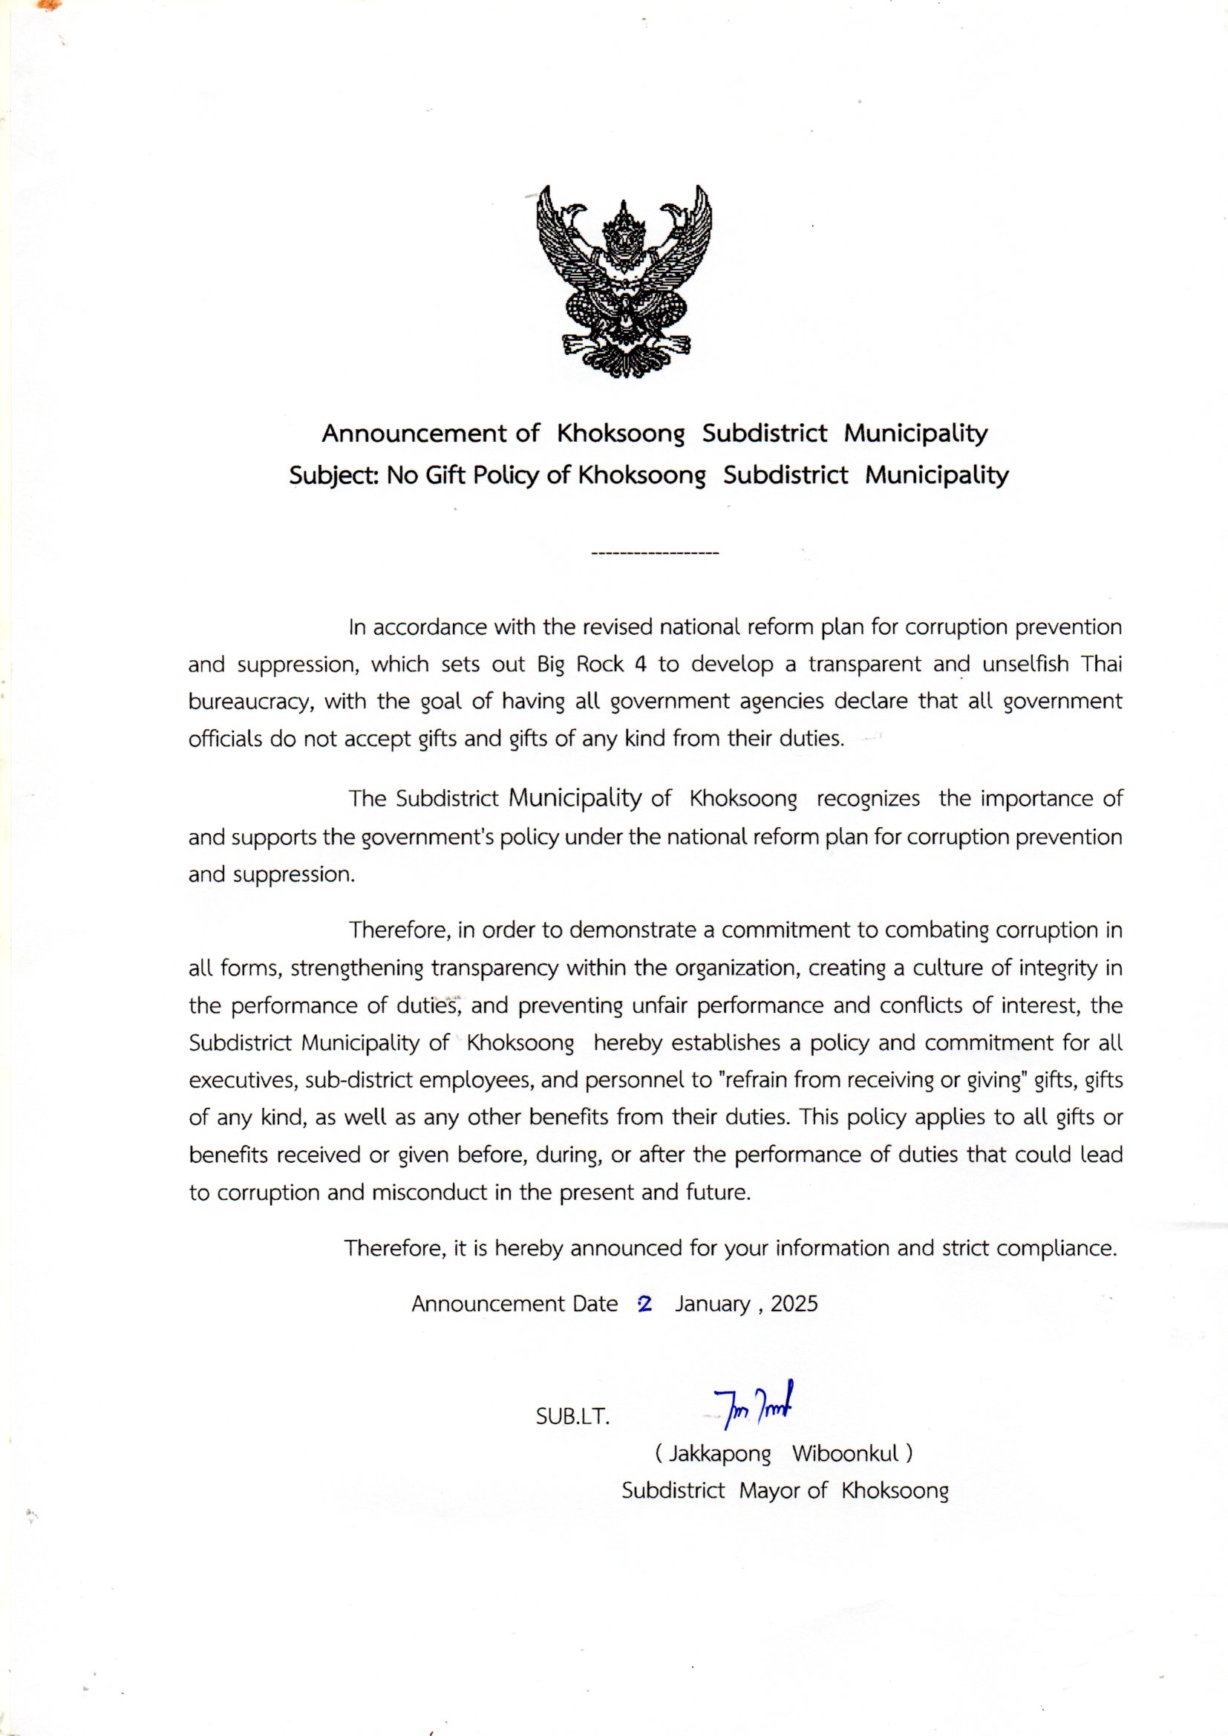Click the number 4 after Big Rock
tap(641, 665)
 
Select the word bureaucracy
tap(250, 702)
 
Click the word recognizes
tap(868, 799)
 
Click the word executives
tap(243, 1080)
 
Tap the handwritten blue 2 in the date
tap(645, 1304)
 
